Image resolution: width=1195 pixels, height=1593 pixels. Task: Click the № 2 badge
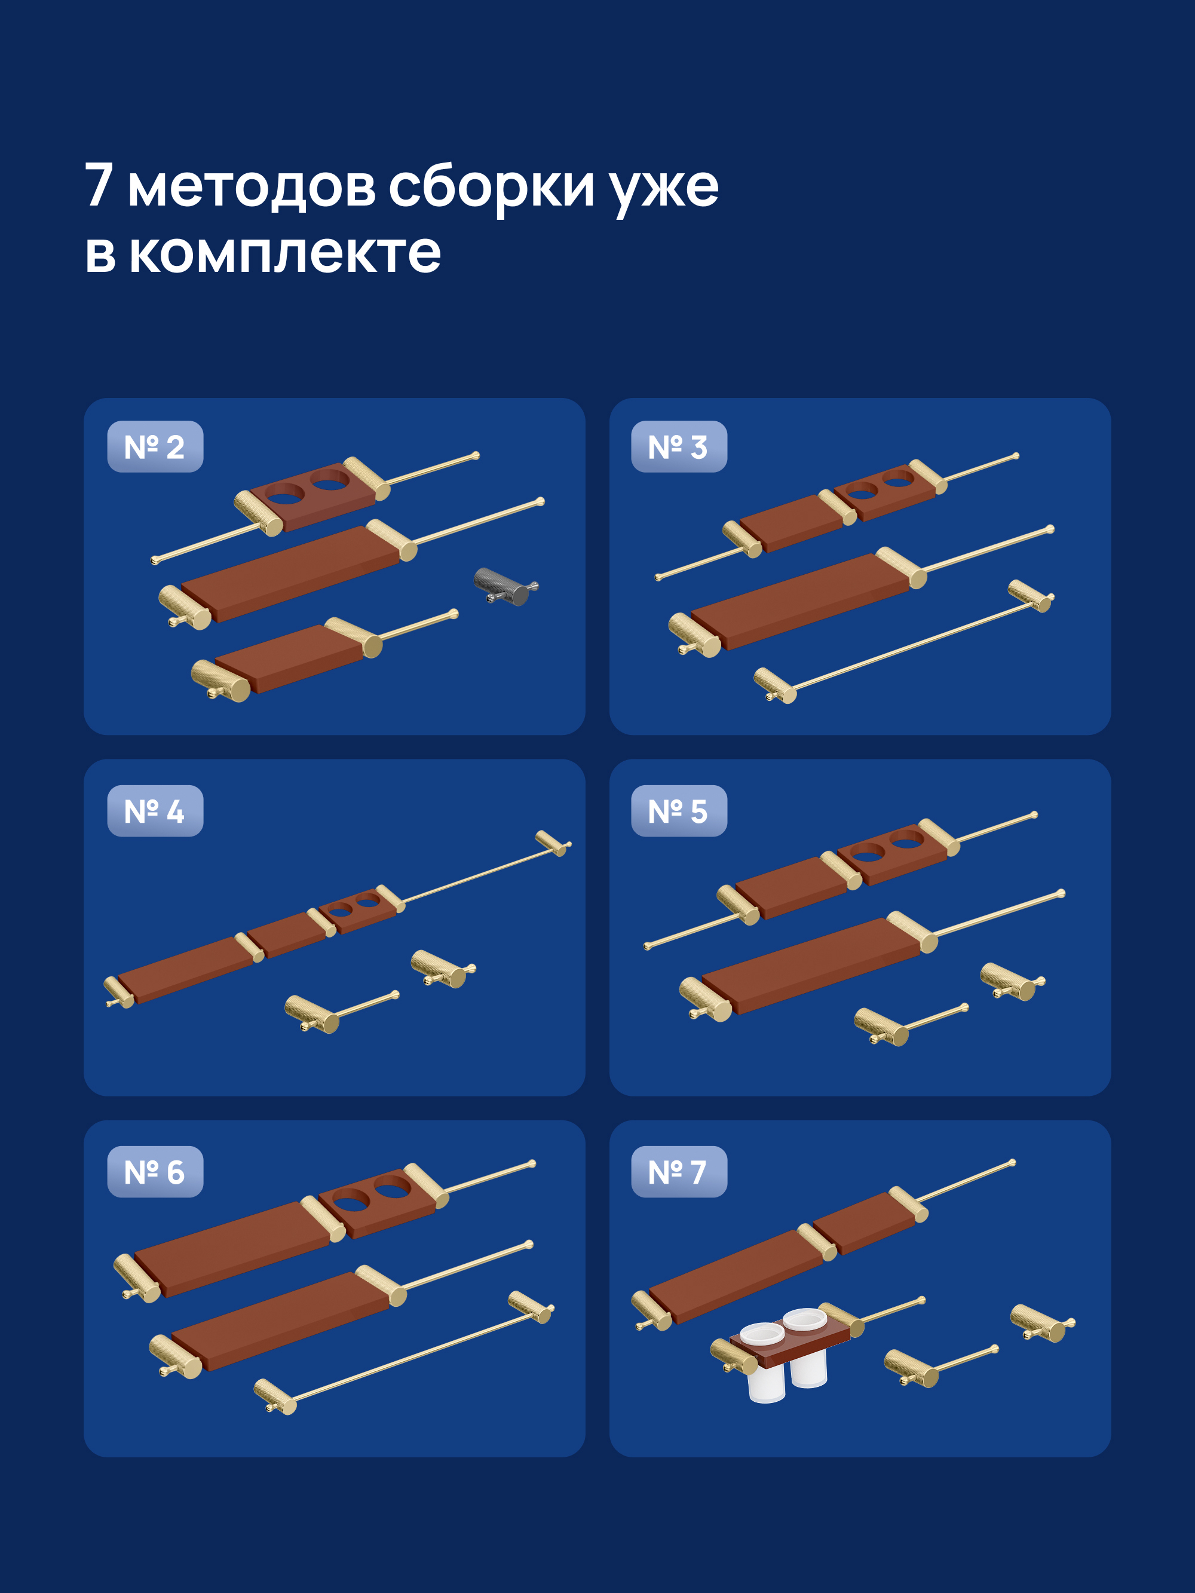click(x=155, y=446)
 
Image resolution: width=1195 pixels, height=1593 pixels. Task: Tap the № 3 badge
click(x=679, y=446)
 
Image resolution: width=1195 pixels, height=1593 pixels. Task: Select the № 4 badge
click(x=155, y=811)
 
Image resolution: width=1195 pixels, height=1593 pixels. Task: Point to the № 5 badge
click(x=679, y=811)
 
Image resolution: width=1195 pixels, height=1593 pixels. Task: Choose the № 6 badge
click(x=155, y=1172)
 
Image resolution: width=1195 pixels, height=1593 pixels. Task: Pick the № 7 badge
click(x=679, y=1172)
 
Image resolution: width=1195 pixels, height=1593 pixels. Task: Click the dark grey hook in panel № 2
click(x=504, y=586)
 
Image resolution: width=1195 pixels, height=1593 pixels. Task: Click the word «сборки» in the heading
click(x=491, y=186)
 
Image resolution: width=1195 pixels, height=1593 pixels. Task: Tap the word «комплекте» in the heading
click(x=284, y=253)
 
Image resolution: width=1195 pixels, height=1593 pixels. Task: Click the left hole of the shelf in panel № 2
click(x=284, y=494)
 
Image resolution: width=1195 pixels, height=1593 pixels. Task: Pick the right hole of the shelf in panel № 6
click(x=393, y=1187)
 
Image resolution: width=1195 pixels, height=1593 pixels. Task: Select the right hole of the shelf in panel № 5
click(x=906, y=839)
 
